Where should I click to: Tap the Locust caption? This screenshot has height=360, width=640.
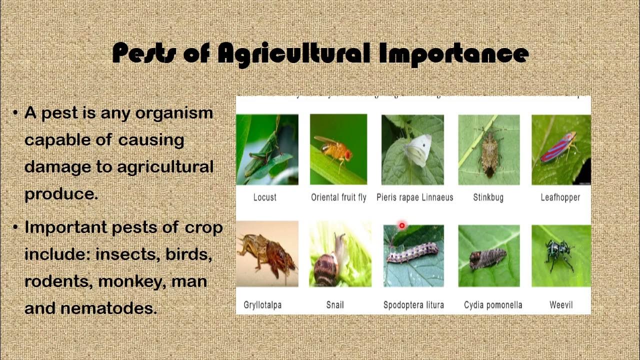coord(264,197)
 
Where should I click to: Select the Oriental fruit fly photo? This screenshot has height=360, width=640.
coord(338,149)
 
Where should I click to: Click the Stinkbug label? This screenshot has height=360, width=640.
coord(488,197)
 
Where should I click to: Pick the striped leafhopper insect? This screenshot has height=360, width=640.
coord(558,147)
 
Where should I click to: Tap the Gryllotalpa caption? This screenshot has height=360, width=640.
coord(262,304)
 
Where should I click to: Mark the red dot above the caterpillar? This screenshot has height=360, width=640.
coord(401,226)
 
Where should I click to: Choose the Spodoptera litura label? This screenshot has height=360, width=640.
coord(413,304)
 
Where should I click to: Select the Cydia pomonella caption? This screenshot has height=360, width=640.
coord(493,304)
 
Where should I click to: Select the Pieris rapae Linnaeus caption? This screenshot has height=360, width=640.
coord(414,197)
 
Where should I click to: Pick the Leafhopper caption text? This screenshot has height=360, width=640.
coord(560,197)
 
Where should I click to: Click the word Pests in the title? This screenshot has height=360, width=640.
coord(145,53)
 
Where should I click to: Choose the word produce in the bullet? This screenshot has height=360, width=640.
coord(60,194)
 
